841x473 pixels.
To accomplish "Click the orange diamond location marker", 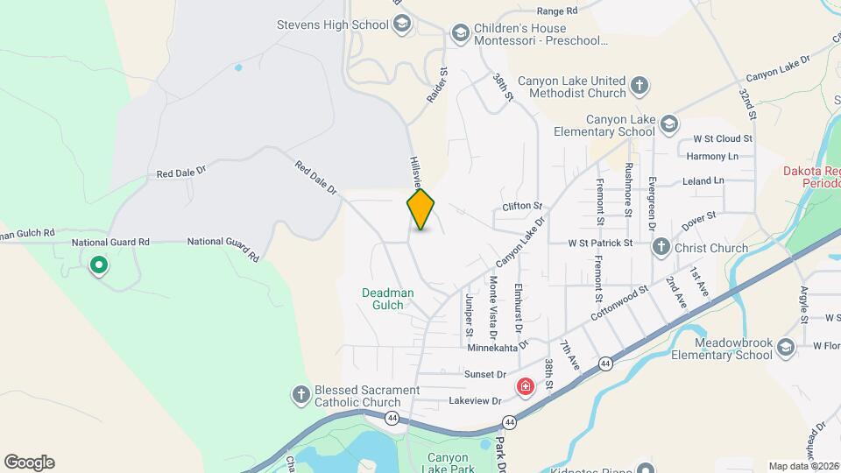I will pos(421,209).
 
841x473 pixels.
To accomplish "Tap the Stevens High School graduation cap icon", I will pos(402,25).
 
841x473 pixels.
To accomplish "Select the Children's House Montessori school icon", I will pos(460,33).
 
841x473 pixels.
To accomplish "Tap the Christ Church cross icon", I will pos(661,248).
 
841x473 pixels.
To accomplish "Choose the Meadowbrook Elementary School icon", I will pos(785,349).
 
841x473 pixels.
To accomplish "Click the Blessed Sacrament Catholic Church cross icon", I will pos(300,396).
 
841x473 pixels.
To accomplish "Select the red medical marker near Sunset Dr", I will pos(526,386).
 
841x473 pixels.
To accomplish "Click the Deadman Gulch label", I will pos(384,299).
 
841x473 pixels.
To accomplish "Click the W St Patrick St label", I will pos(600,243).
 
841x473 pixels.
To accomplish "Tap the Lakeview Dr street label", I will pos(474,400).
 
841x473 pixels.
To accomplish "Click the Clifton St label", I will pos(523,207).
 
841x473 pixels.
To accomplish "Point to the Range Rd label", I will pos(557,11).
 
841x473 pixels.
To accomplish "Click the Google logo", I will pos(29,462).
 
